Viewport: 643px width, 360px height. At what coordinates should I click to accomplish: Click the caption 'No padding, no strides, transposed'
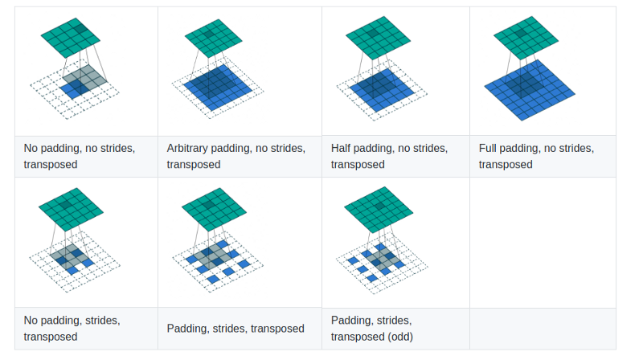pos(79,156)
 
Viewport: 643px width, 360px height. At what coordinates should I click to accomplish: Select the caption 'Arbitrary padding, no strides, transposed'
pos(235,156)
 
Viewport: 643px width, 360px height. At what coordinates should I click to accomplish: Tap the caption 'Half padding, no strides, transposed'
pos(389,156)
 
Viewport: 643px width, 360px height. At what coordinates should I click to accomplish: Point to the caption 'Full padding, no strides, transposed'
pos(536,156)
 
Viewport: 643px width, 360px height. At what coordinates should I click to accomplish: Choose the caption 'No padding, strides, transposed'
pos(72,328)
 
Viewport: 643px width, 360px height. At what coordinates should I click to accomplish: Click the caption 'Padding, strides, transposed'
pos(235,328)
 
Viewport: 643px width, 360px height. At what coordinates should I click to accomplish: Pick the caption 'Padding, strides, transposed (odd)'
pos(373,328)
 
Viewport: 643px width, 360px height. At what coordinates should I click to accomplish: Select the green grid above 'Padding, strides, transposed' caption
pos(214,210)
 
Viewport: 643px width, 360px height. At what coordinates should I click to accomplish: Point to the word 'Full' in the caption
pos(489,148)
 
